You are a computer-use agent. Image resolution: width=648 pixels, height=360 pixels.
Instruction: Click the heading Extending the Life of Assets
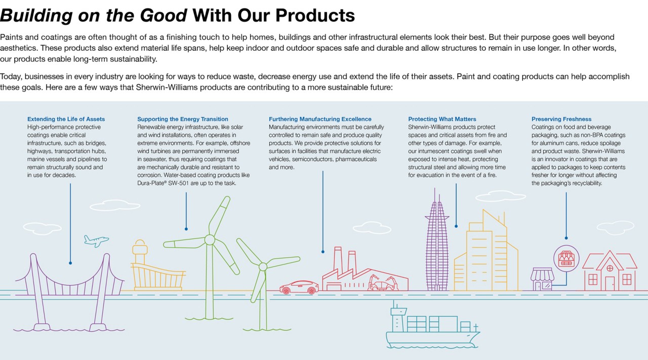(x=66, y=119)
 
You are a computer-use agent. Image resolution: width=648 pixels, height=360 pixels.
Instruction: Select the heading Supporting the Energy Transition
(x=183, y=119)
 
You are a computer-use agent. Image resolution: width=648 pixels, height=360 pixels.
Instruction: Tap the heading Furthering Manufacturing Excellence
(x=320, y=119)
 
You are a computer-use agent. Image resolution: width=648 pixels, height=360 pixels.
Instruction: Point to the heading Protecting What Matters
(x=442, y=119)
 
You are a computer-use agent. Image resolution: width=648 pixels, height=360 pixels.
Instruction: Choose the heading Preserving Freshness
(x=561, y=119)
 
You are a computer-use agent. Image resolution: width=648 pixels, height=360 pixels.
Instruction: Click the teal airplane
(x=96, y=241)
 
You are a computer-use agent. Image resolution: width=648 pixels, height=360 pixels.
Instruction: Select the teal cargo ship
(x=433, y=326)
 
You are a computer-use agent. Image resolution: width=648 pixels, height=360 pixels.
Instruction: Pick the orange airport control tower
(x=140, y=252)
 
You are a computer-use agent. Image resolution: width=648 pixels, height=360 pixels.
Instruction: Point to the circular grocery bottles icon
(x=566, y=259)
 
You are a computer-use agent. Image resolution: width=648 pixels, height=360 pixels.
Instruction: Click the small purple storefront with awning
(x=542, y=279)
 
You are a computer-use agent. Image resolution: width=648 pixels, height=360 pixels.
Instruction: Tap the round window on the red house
(x=610, y=268)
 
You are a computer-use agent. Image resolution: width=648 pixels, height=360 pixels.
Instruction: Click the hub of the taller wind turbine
(x=210, y=240)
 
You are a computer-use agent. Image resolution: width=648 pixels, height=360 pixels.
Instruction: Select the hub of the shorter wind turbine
(x=263, y=266)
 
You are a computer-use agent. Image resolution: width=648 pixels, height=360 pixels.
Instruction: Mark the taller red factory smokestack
(x=338, y=260)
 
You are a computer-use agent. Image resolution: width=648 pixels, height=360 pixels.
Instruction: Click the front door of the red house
(x=610, y=284)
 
